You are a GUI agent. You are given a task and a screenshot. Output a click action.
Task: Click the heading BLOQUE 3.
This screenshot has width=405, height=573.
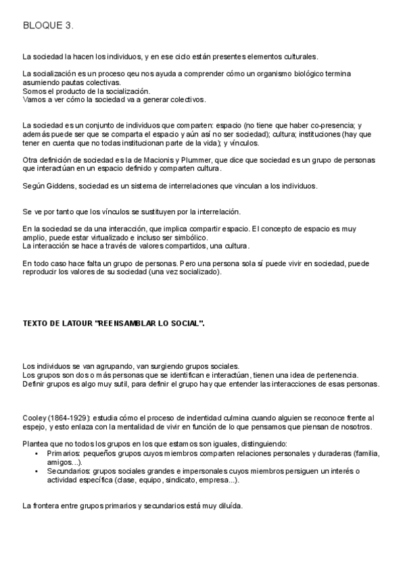click(48, 26)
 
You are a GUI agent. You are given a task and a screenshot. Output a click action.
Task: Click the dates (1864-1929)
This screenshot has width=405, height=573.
click(70, 418)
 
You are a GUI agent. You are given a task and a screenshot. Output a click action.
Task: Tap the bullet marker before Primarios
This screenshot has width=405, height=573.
click(36, 453)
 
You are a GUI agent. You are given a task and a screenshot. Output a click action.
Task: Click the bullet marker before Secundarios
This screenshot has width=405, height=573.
click(36, 470)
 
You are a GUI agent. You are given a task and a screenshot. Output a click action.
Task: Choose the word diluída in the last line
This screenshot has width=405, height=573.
click(230, 505)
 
